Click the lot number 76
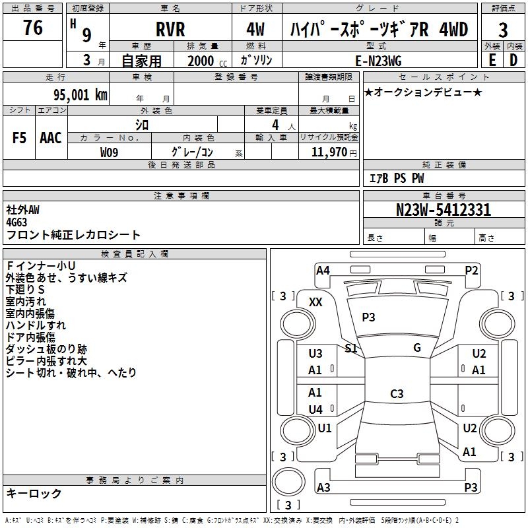pos(33,28)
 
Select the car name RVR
pos(170,29)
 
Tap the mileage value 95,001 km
pos(80,95)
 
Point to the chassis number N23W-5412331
pos(444,210)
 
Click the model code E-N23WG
pos(378,61)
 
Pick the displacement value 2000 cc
pos(207,61)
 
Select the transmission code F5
pos(19,138)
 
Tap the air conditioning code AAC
pos(51,138)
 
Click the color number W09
pos(109,152)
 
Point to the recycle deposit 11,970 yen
pos(334,152)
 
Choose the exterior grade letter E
pos(492,60)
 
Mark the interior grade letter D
pos(513,60)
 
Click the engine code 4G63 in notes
pos(16,222)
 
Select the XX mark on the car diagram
pos(315,302)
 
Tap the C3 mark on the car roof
pos(397,393)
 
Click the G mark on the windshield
pos(417,347)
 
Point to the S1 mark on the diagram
pos(351,348)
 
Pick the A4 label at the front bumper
pos(323,271)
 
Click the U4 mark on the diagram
pos(315,409)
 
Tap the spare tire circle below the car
pos(288,482)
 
